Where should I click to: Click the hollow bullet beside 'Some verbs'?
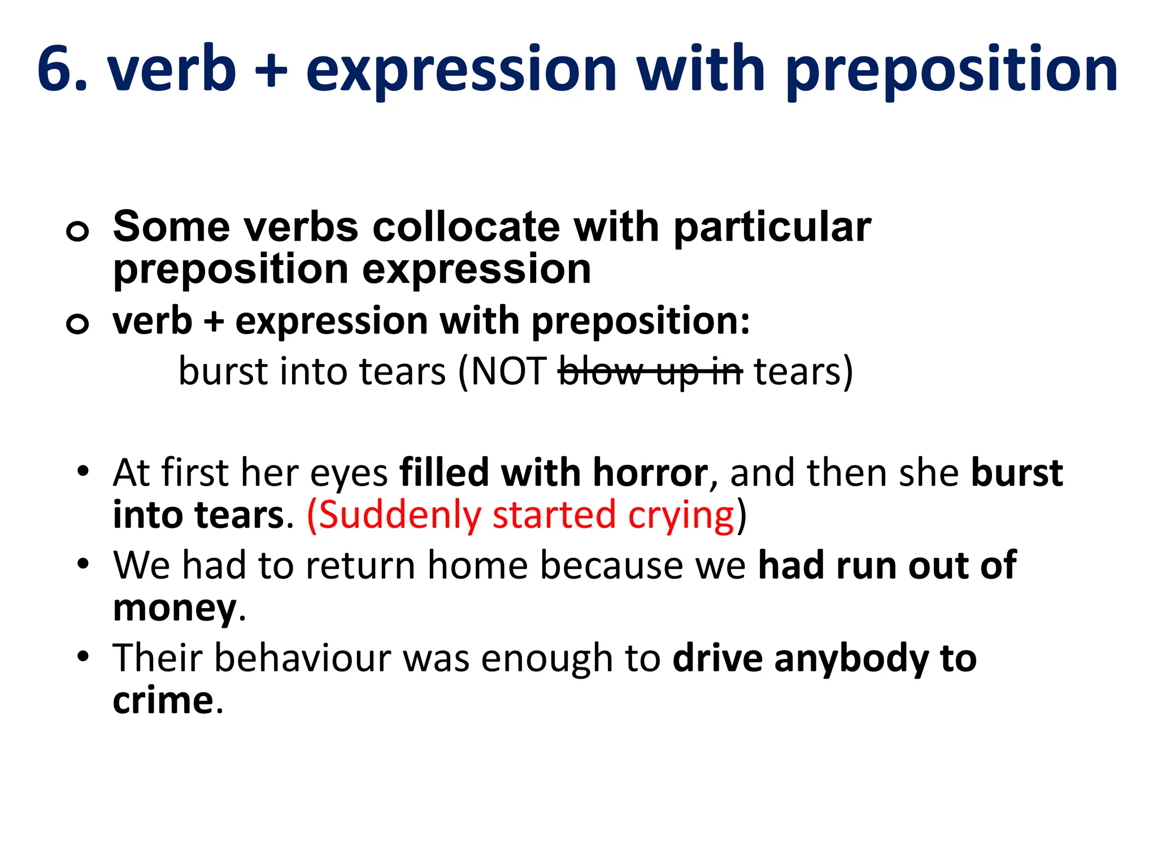[77, 231]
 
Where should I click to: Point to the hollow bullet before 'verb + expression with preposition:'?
[77, 323]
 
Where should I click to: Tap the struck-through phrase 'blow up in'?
[650, 372]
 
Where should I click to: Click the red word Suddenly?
[400, 515]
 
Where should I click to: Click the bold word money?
[175, 609]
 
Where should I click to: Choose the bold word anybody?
[851, 659]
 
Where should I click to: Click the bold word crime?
[163, 701]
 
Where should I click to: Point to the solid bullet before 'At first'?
[83, 471]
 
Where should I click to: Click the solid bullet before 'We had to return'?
[83, 563]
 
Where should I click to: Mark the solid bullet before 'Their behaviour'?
[83, 656]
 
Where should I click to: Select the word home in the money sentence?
[477, 565]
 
